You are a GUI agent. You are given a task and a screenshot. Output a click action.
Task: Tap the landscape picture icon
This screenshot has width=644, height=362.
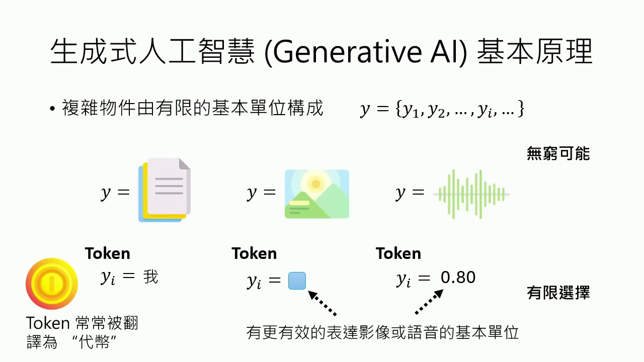(316, 194)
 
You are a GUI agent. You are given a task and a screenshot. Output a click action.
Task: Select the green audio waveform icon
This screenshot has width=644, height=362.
(471, 194)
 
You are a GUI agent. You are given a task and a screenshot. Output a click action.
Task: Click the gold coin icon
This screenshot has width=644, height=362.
(52, 284)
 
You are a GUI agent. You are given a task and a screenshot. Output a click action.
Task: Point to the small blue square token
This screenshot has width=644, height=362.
(297, 281)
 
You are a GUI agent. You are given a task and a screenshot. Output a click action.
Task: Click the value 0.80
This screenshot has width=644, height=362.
(458, 278)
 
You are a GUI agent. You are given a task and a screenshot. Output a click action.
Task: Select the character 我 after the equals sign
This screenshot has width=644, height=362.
(150, 277)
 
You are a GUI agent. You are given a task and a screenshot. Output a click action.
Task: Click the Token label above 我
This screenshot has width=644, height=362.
(107, 253)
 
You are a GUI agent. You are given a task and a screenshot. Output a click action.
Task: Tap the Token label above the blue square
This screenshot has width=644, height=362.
(254, 253)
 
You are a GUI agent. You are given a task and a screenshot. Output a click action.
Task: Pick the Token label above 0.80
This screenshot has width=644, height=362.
(398, 253)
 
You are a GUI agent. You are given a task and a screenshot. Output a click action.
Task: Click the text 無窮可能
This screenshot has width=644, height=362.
(558, 153)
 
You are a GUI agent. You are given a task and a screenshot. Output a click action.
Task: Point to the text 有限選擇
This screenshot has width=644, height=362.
(558, 293)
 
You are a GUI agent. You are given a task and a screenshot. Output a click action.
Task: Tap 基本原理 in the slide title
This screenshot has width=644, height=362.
(534, 52)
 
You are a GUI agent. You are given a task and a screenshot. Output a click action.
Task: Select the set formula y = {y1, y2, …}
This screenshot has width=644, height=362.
(442, 109)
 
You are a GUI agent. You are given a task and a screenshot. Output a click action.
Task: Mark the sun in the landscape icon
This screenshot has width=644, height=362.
(316, 184)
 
